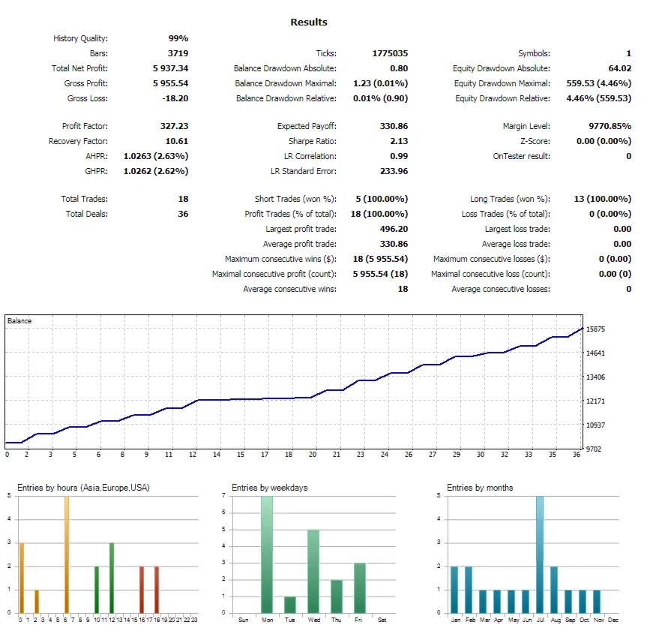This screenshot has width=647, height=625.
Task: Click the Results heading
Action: coord(309,23)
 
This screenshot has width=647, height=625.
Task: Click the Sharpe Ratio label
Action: coord(313,141)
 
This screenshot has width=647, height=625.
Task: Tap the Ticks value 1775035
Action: coord(390,53)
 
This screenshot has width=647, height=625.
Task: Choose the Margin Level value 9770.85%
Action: coord(604,126)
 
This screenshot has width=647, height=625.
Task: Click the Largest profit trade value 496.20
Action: coord(394,229)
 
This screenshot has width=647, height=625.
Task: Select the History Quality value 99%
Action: coord(178,38)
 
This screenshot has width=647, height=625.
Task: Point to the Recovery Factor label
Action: coord(78,141)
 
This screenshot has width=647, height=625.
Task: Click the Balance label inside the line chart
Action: coord(19,321)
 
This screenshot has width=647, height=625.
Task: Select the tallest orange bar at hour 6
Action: coord(66,554)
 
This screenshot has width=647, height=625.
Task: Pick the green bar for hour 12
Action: coord(112,578)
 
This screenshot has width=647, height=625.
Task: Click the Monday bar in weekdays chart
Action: coord(266,554)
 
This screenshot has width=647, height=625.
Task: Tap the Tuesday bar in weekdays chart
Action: coord(289,605)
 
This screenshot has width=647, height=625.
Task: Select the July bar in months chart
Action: coord(539,554)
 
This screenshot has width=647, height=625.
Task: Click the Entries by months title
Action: coord(480,488)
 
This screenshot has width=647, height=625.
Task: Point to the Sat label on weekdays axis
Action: coord(382,620)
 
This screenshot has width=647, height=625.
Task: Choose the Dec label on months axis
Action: coord(613,620)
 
